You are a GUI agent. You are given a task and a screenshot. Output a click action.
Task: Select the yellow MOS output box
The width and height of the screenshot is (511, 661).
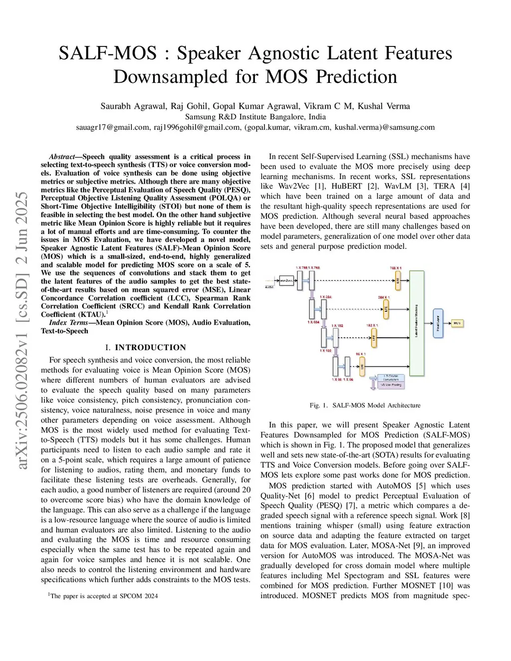tap(457, 323)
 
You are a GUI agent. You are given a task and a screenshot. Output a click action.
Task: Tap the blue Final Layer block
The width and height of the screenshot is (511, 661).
tap(438, 323)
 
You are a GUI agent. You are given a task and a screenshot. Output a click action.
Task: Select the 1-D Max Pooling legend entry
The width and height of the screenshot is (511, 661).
tap(390, 385)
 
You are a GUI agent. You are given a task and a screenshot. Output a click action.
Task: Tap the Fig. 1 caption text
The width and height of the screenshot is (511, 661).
tap(365, 405)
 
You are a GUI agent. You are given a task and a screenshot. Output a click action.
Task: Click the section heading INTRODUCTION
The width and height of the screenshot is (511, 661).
tap(150, 347)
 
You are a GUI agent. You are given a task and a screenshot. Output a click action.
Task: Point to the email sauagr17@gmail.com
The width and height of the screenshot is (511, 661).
tap(113, 127)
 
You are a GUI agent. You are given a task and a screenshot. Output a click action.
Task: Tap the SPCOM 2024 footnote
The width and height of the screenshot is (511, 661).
tap(103, 596)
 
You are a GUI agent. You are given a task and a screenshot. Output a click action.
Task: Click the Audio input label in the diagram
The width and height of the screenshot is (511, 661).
tap(269, 287)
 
